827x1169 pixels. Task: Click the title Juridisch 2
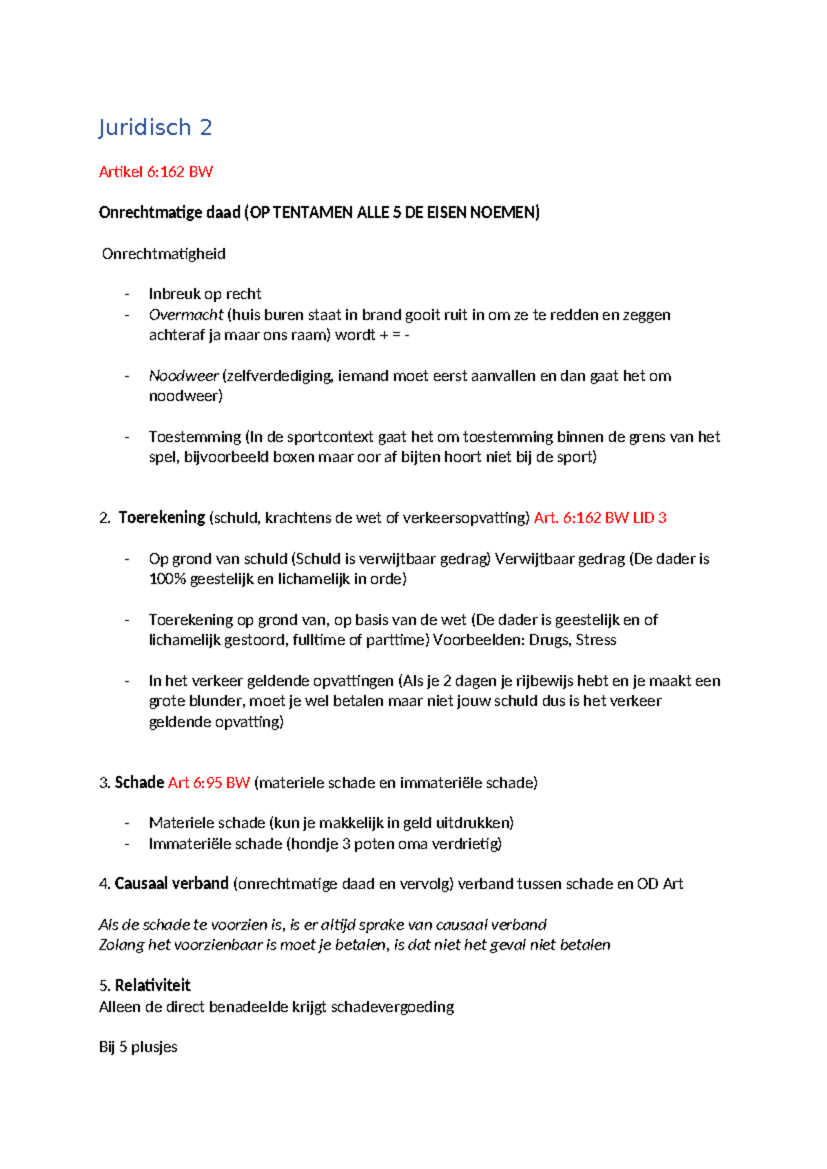[x=155, y=128]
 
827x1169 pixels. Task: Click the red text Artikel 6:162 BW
[x=156, y=172]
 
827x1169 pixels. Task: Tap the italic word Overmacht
[x=186, y=315]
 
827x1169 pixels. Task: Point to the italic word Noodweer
[x=183, y=376]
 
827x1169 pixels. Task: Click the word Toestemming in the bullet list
[x=195, y=437]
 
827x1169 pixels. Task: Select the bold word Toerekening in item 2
[x=162, y=518]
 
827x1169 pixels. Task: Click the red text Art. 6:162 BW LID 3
[x=600, y=518]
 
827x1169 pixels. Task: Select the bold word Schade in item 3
[x=139, y=783]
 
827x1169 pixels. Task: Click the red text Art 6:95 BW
[x=209, y=783]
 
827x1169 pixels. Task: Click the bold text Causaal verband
[x=172, y=884]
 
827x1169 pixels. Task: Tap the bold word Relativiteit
[x=152, y=986]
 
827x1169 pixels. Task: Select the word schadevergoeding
[x=392, y=1007]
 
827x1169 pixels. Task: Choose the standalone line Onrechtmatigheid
[x=164, y=254]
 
